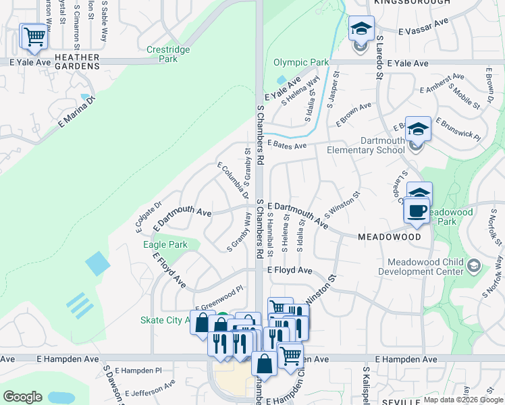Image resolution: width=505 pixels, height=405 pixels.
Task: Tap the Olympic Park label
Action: click(301, 63)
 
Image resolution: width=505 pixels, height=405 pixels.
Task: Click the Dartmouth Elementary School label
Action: click(365, 145)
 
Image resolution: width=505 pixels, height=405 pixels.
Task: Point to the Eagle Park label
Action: click(165, 244)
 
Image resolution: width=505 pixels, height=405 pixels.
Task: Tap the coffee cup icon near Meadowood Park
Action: click(417, 210)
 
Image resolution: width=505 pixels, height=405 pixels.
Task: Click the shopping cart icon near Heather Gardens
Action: click(34, 38)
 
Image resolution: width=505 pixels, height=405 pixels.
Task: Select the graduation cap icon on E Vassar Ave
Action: click(361, 29)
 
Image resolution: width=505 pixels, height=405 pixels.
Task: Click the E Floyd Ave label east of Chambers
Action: click(290, 270)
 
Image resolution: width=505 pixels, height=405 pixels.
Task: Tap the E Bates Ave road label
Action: click(287, 144)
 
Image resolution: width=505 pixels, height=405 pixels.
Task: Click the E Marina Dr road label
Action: click(77, 111)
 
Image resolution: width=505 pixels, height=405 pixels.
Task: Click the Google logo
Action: click(22, 397)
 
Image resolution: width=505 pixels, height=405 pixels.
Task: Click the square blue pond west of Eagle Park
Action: click(97, 263)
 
